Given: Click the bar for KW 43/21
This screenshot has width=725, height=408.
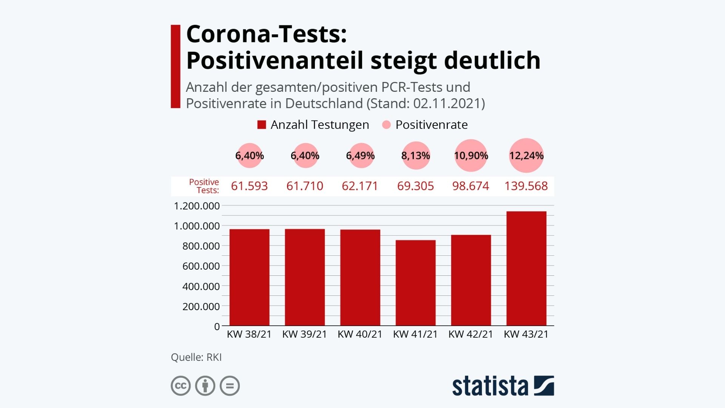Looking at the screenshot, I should click(x=526, y=268).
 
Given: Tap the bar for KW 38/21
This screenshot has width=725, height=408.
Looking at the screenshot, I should click(x=249, y=277).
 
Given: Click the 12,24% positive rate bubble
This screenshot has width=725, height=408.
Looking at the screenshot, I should click(x=526, y=156).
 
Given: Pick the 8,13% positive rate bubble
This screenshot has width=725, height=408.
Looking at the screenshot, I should click(x=415, y=156).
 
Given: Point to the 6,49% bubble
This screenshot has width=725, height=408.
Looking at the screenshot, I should click(x=360, y=156).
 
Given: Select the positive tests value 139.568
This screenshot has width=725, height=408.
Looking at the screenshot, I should click(x=526, y=186).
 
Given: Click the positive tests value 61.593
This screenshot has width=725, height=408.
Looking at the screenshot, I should click(x=249, y=186).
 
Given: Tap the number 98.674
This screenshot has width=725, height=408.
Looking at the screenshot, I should click(x=470, y=186).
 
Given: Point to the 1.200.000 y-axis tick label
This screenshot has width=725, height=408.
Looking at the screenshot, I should click(x=197, y=206).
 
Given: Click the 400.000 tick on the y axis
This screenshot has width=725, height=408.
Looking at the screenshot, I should click(x=201, y=286).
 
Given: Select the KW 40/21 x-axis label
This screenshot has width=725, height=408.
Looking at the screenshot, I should click(x=360, y=334).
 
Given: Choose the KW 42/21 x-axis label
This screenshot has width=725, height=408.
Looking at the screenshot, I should click(x=470, y=334).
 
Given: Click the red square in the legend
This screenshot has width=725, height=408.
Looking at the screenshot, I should click(x=262, y=125).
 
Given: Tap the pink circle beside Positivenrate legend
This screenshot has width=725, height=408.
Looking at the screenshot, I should click(x=386, y=125).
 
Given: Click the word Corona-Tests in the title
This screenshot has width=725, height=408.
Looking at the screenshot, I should click(x=267, y=34).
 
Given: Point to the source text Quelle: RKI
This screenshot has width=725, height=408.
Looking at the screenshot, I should click(x=196, y=357).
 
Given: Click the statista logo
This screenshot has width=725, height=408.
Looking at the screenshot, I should click(x=503, y=386).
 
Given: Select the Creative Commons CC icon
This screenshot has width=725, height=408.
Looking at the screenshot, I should click(x=180, y=386).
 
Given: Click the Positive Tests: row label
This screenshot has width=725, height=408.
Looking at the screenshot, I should click(x=204, y=186).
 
